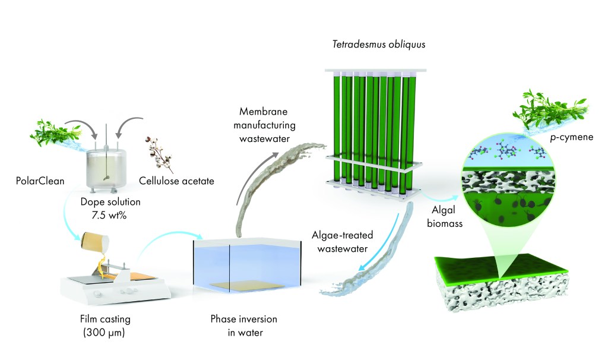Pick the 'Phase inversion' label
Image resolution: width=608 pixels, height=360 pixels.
[x=243, y=319]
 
